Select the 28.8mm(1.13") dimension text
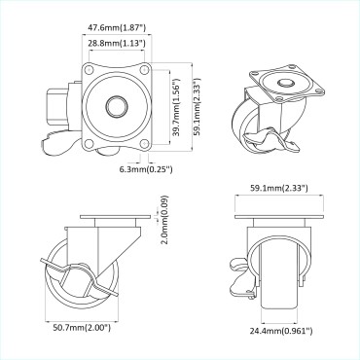(113, 45)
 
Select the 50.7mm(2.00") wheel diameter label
(83, 328)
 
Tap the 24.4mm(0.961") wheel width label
(280, 331)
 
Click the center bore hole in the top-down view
(115, 105)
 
